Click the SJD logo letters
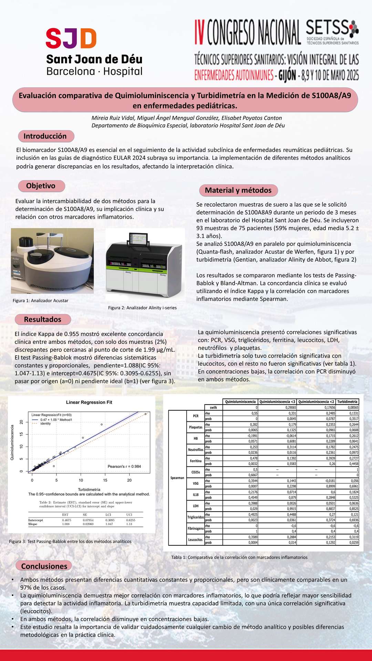tap(71, 39)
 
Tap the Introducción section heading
tap(45, 136)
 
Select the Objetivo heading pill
tap(41, 186)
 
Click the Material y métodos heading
tap(238, 190)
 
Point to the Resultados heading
tap(43, 319)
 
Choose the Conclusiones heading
tap(44, 566)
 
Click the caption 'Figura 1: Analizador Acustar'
tap(40, 301)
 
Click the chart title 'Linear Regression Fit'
tap(89, 402)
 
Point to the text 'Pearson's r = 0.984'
tap(124, 466)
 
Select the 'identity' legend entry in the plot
tap(45, 423)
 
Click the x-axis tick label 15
tap(105, 480)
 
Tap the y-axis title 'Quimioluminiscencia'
tap(12, 442)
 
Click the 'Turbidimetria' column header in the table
tap(347, 402)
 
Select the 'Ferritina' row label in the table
tap(196, 461)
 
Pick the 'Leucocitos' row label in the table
tap(195, 540)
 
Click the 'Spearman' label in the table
tap(177, 478)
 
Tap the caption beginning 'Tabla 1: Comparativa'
tap(239, 557)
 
